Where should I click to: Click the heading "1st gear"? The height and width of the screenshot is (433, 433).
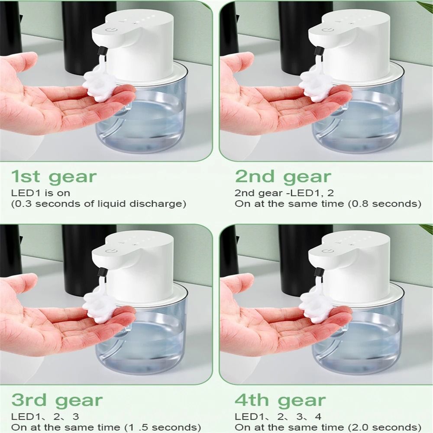pos(54,178)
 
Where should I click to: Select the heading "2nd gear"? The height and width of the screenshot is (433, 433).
pos(283,177)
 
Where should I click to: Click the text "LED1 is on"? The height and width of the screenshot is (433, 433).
pos(40,193)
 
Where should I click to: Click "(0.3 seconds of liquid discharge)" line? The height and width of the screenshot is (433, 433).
pos(99,204)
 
